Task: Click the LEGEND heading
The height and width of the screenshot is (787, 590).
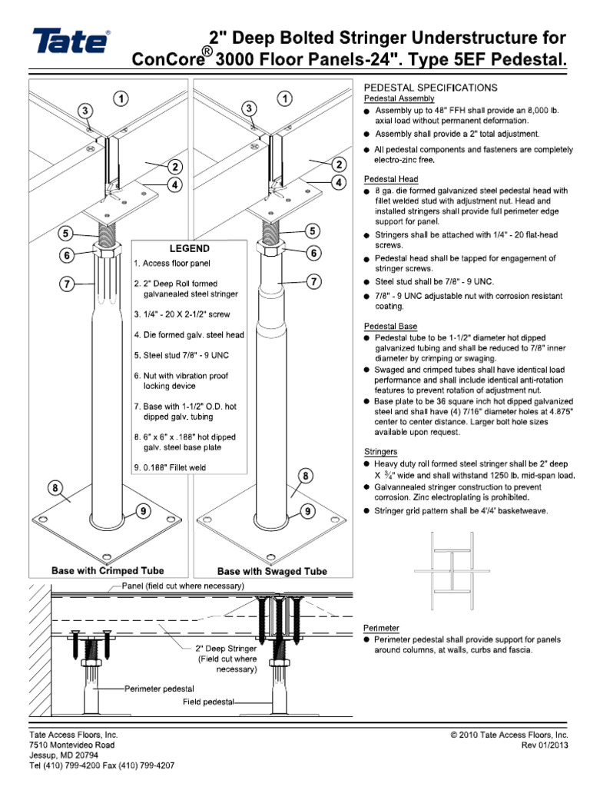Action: tap(189, 249)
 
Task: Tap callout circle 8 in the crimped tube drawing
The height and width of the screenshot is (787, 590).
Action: tap(55, 488)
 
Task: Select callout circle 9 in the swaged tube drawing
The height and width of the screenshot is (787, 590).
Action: tap(306, 510)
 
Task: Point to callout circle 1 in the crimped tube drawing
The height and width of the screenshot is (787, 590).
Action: tap(121, 98)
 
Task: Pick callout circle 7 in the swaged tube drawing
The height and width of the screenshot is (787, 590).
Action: tap(314, 283)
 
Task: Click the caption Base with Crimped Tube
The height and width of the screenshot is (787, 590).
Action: tap(107, 571)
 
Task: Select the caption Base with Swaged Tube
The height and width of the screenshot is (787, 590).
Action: tap(272, 571)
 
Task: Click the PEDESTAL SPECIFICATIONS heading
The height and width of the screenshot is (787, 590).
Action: tap(429, 88)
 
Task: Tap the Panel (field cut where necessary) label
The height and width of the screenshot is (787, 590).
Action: tap(183, 586)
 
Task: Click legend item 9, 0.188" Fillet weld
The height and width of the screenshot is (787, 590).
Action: tap(169, 466)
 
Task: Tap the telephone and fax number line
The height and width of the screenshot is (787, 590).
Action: tap(101, 765)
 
